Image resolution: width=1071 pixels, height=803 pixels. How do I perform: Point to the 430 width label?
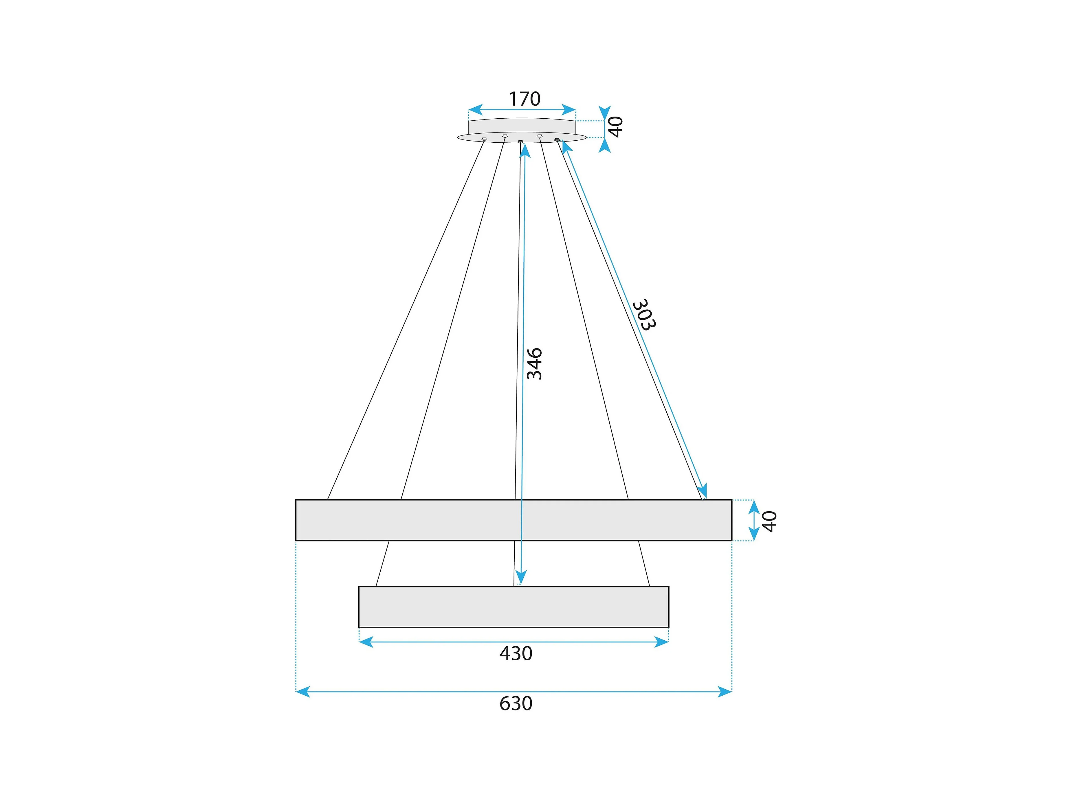(x=516, y=653)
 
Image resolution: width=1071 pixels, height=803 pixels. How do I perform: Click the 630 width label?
(x=516, y=703)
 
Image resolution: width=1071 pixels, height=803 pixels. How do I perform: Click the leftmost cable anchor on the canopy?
(x=484, y=139)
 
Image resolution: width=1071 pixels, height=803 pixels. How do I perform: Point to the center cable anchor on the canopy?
(x=520, y=142)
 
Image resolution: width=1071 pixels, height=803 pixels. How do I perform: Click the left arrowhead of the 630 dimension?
(x=302, y=692)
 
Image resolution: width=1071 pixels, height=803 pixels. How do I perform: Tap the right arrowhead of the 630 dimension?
(x=725, y=692)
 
